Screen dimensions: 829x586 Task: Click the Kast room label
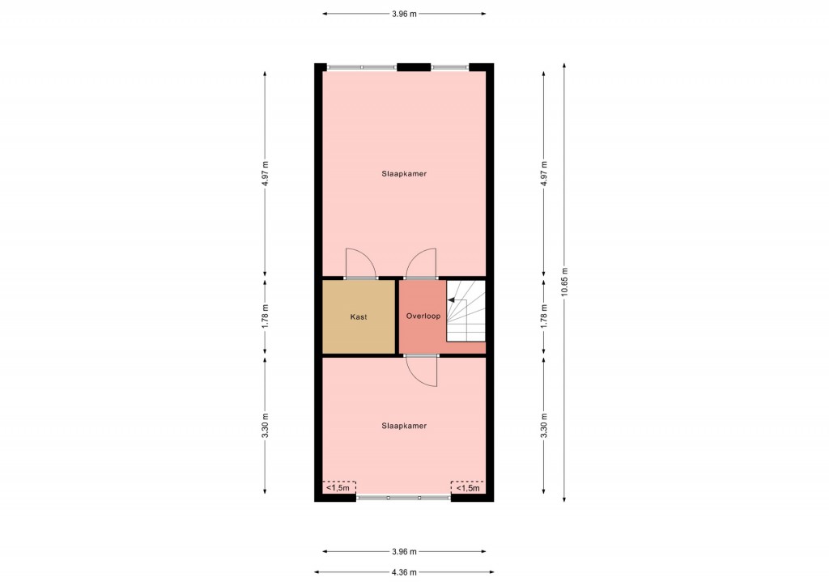click(359, 317)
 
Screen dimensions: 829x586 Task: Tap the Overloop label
click(423, 316)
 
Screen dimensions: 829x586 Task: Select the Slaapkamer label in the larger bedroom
click(404, 173)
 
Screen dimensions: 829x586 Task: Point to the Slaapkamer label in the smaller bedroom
click(404, 426)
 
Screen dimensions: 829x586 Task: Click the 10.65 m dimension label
click(564, 282)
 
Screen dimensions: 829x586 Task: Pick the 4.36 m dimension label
click(404, 571)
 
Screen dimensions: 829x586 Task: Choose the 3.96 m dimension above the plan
click(404, 14)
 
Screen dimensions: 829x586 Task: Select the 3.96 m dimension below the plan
click(404, 552)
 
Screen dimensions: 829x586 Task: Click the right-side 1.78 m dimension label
click(544, 316)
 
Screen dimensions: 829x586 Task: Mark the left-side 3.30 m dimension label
click(265, 426)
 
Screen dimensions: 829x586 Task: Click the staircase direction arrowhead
click(451, 300)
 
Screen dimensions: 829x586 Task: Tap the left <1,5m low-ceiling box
click(339, 487)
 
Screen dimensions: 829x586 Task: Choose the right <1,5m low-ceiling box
click(468, 487)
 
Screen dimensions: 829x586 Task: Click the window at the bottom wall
click(404, 498)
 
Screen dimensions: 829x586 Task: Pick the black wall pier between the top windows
click(414, 67)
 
